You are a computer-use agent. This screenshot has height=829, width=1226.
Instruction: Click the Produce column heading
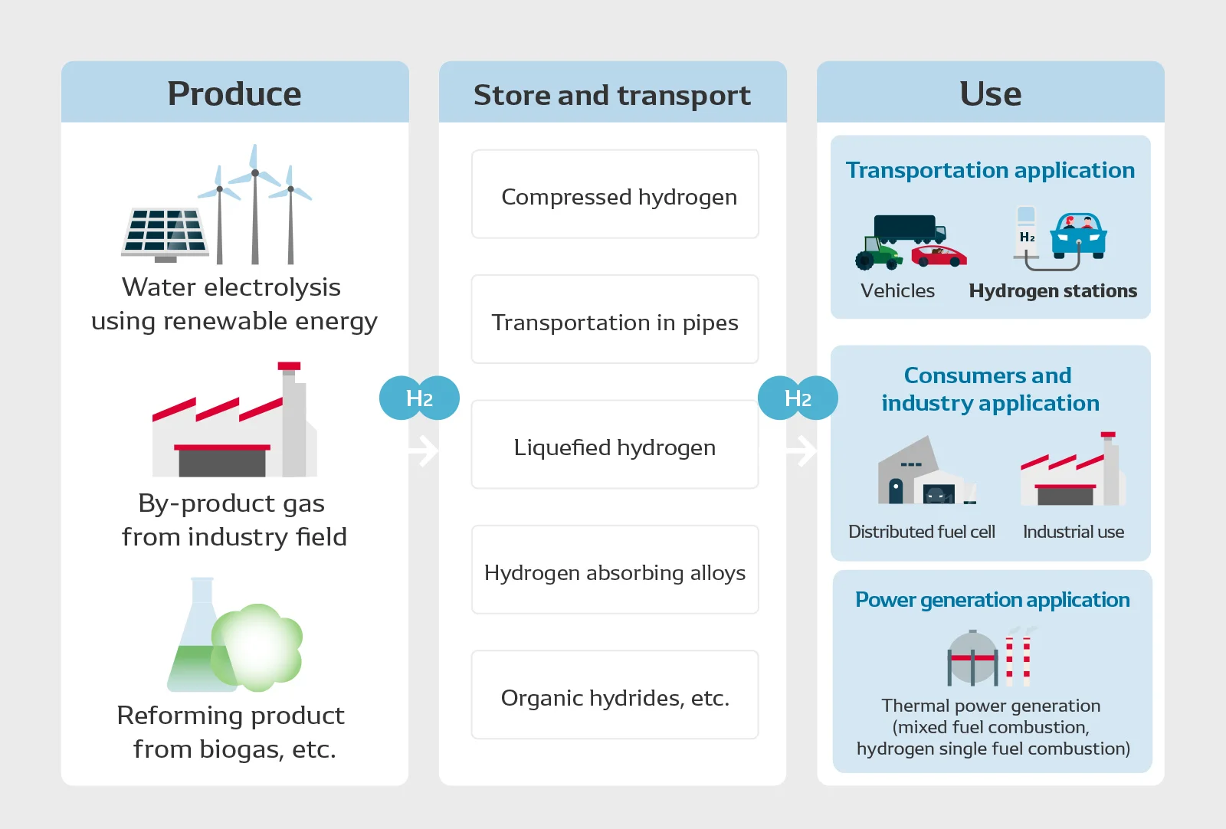coord(234,93)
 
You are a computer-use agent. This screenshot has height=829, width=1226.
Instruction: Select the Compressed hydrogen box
coord(615,195)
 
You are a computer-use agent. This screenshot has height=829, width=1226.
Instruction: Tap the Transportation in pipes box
coord(615,319)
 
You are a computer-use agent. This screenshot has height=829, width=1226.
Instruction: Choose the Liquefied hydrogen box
coord(615,444)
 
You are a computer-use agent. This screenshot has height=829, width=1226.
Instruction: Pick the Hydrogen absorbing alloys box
coord(615,569)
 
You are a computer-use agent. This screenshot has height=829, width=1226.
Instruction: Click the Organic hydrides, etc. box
coord(615,695)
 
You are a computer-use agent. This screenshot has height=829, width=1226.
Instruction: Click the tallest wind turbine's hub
coord(255,173)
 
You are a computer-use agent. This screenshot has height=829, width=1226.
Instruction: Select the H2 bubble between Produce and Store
coord(419,398)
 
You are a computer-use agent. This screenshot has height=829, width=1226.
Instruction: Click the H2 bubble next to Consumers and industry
coord(798,398)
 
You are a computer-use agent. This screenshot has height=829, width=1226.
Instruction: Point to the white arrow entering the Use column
coord(801,451)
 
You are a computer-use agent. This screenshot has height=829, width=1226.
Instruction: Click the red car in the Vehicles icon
coord(939,256)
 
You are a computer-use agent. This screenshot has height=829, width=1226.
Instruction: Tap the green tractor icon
coord(878,253)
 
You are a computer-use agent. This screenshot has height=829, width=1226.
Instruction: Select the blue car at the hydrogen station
coord(1078,236)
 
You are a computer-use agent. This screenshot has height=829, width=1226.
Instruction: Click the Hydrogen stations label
coord(1053,290)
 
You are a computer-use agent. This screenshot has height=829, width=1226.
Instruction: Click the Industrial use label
coord(1074,532)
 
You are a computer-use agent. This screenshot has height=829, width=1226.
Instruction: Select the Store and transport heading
coord(612,95)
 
